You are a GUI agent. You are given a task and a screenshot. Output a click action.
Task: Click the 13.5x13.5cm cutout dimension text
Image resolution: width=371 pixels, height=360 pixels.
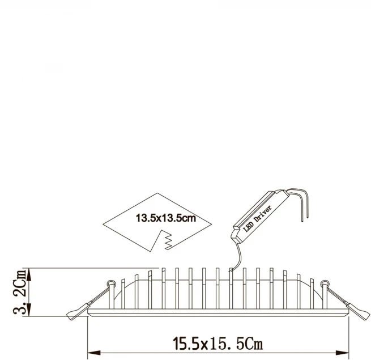pos(166,218)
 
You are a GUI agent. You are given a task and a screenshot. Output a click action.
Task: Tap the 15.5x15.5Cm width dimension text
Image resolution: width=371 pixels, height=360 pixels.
pos(218,343)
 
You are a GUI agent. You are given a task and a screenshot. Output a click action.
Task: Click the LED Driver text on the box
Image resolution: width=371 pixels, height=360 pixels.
pos(257,219)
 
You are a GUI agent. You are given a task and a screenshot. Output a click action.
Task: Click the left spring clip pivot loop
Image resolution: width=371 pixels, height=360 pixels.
pos(110,283)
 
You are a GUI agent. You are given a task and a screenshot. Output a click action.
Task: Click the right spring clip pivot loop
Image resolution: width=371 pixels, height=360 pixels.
pos(325,283)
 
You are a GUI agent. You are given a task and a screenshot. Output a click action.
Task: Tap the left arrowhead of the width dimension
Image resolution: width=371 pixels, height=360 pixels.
pos(94,353)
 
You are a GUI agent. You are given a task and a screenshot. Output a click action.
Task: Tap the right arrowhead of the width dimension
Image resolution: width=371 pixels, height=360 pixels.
pos(343,353)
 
